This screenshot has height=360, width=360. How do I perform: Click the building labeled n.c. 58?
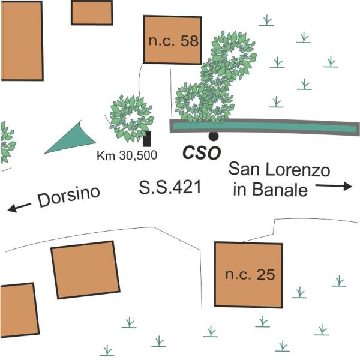(x=172, y=40)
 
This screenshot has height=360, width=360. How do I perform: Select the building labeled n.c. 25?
(x=248, y=275)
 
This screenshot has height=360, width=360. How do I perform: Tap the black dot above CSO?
(x=213, y=136)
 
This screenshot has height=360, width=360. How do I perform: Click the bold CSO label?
(x=202, y=153)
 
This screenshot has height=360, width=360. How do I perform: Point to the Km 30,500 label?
(x=127, y=155)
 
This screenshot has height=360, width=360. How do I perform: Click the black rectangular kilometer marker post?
(x=147, y=139)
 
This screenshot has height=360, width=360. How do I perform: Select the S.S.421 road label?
(x=170, y=187)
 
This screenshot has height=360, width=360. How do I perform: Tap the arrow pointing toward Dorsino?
(x=19, y=208)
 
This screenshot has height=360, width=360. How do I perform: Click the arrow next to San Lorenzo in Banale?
(x=334, y=186)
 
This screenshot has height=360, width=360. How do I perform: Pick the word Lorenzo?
(x=298, y=170)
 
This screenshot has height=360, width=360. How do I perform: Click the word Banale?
(x=280, y=190)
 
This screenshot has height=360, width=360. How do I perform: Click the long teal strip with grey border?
(x=265, y=127)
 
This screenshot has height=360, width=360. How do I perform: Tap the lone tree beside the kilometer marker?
(x=131, y=119)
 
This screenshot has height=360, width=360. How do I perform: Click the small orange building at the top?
(x=92, y=13)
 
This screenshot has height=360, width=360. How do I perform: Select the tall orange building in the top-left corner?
(x=22, y=41)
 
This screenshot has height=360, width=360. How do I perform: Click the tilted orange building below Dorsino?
(x=85, y=269)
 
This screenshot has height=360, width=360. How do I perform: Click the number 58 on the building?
(x=189, y=41)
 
